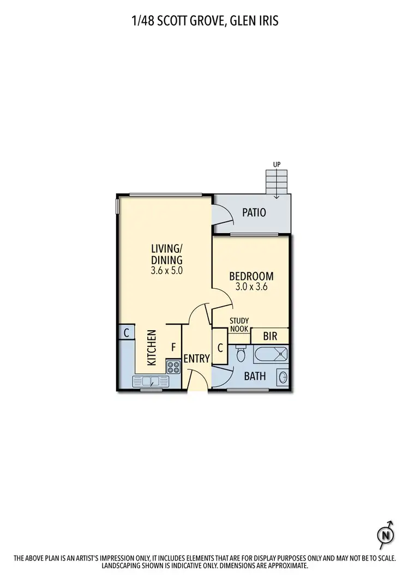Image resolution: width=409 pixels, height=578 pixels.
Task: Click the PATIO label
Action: point(255,212)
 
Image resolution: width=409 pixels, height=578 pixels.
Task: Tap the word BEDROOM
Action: point(251,276)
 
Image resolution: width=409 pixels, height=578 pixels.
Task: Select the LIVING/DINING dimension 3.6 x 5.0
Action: point(166,269)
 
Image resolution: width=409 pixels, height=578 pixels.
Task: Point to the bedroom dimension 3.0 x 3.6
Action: point(251,287)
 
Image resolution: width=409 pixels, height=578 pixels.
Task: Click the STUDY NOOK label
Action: point(239,325)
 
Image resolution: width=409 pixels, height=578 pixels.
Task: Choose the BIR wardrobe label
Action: point(270,337)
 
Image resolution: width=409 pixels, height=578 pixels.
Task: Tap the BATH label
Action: point(255,375)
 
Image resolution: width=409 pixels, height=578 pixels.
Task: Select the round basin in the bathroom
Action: point(282,376)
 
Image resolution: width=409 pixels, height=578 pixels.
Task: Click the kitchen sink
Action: point(148,381)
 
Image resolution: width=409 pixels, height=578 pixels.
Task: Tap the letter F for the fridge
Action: point(173,346)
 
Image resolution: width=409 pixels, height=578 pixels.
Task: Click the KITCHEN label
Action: point(152,348)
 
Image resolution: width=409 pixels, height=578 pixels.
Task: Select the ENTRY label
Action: point(196,358)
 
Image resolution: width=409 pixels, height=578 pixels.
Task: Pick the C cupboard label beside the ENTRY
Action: point(220,347)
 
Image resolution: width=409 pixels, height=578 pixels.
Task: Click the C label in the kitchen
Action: point(126,332)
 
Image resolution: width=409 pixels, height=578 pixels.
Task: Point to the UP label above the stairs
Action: point(276,163)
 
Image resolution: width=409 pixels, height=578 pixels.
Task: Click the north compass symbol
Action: point(387,534)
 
